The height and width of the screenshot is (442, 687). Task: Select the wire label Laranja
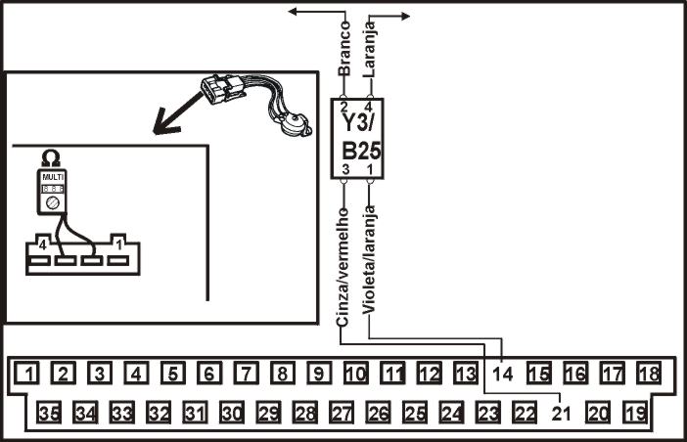pyautogui.click(x=370, y=51)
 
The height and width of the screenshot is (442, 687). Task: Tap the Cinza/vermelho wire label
pyautogui.click(x=343, y=264)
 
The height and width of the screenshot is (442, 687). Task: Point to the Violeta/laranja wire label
pyautogui.click(x=370, y=261)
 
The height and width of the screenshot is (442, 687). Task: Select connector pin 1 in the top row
pyautogui.click(x=32, y=373)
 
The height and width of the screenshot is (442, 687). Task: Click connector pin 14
pyautogui.click(x=502, y=373)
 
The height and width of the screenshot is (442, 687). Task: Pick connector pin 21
pyautogui.click(x=561, y=413)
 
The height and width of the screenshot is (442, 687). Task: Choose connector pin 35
pyautogui.click(x=50, y=413)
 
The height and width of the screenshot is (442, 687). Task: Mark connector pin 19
pyautogui.click(x=635, y=413)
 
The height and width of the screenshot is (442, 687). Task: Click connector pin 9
pyautogui.click(x=317, y=373)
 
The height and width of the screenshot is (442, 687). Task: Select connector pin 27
pyautogui.click(x=340, y=413)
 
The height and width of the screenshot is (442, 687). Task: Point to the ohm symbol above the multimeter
pyautogui.click(x=49, y=156)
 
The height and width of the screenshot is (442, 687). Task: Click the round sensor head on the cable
pyautogui.click(x=290, y=121)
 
